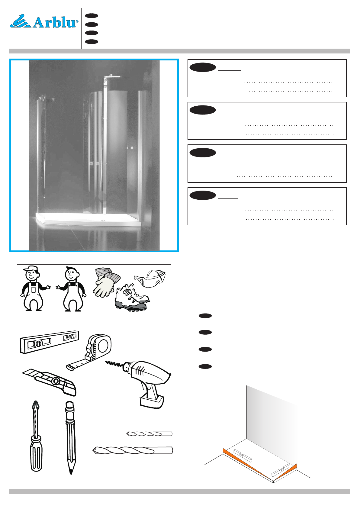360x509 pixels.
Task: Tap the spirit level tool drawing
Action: pyautogui.click(x=50, y=342)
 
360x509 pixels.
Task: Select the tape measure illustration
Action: pyautogui.click(x=89, y=352)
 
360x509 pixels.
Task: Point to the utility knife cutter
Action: pyautogui.click(x=49, y=382)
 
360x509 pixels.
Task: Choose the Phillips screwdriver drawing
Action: pyautogui.click(x=36, y=436)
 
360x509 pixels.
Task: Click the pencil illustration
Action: pyautogui.click(x=70, y=438)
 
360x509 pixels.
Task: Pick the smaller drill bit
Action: pyautogui.click(x=149, y=433)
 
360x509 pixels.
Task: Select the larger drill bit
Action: pyautogui.click(x=133, y=450)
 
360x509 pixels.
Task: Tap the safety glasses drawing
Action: pyautogui.click(x=150, y=278)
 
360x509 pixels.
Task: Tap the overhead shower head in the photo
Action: pyautogui.click(x=112, y=76)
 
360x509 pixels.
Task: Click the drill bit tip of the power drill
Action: pyautogui.click(x=106, y=362)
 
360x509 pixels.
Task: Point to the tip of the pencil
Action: pyautogui.click(x=71, y=473)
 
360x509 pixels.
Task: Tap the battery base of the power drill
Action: pyautogui.click(x=152, y=401)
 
